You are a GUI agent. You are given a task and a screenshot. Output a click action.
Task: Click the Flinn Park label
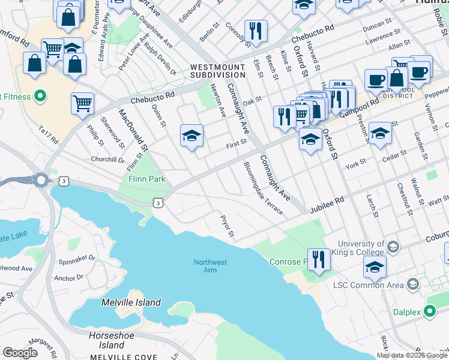(142, 179)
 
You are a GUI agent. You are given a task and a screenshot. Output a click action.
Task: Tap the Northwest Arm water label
(210, 266)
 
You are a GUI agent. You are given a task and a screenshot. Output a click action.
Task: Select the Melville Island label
(131, 303)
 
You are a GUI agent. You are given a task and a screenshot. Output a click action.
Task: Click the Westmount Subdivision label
(217, 71)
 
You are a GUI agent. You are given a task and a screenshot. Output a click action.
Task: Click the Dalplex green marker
(430, 311)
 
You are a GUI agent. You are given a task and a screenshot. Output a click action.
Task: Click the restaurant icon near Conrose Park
(319, 259)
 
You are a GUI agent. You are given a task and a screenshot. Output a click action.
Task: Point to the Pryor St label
(227, 226)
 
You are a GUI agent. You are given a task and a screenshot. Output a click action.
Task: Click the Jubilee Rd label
(327, 205)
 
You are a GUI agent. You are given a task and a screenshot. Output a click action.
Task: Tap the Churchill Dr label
(107, 160)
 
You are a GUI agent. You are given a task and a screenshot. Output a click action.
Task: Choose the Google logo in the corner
(20, 353)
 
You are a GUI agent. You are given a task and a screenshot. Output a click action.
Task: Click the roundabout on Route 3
(41, 179)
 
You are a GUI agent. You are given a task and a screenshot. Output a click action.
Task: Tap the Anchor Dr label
(68, 278)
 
